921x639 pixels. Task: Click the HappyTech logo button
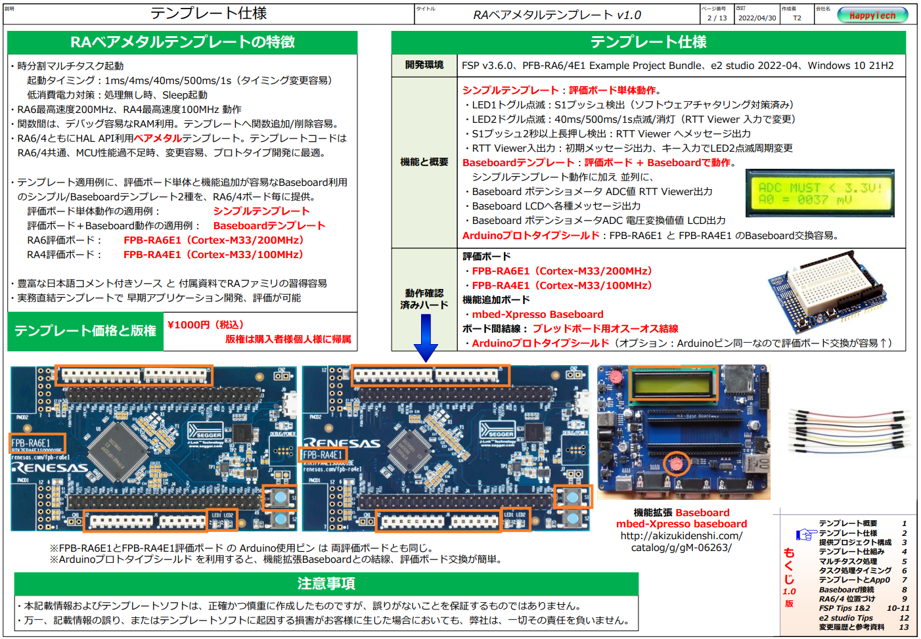coord(872,15)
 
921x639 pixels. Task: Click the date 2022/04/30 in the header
coord(757,18)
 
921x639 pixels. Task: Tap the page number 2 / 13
coord(717,18)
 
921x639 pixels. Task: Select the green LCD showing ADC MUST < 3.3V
coord(819,193)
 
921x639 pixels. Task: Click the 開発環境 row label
coord(424,65)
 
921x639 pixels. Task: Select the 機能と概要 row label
coord(424,162)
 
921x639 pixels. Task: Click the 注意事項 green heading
coord(326,584)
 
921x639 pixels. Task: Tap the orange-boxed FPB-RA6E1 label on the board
coord(37,443)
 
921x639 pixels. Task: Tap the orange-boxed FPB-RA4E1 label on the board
coord(323,454)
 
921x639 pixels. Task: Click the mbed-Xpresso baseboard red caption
coord(681,524)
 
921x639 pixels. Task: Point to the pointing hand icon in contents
coord(805,535)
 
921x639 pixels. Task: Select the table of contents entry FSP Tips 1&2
coord(844,608)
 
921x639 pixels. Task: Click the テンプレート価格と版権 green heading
coord(85,331)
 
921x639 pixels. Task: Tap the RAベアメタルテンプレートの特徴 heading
coord(183,42)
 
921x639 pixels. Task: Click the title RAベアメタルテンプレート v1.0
coord(556,15)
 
